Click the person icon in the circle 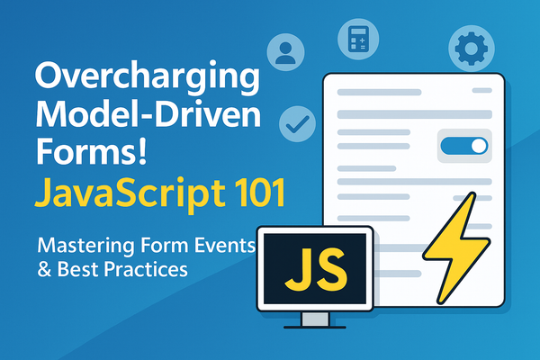pos(285,50)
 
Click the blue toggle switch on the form pos(465,145)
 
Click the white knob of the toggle pos(478,145)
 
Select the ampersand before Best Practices pos(45,267)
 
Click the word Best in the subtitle pos(94,267)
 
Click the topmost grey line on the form pos(396,92)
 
